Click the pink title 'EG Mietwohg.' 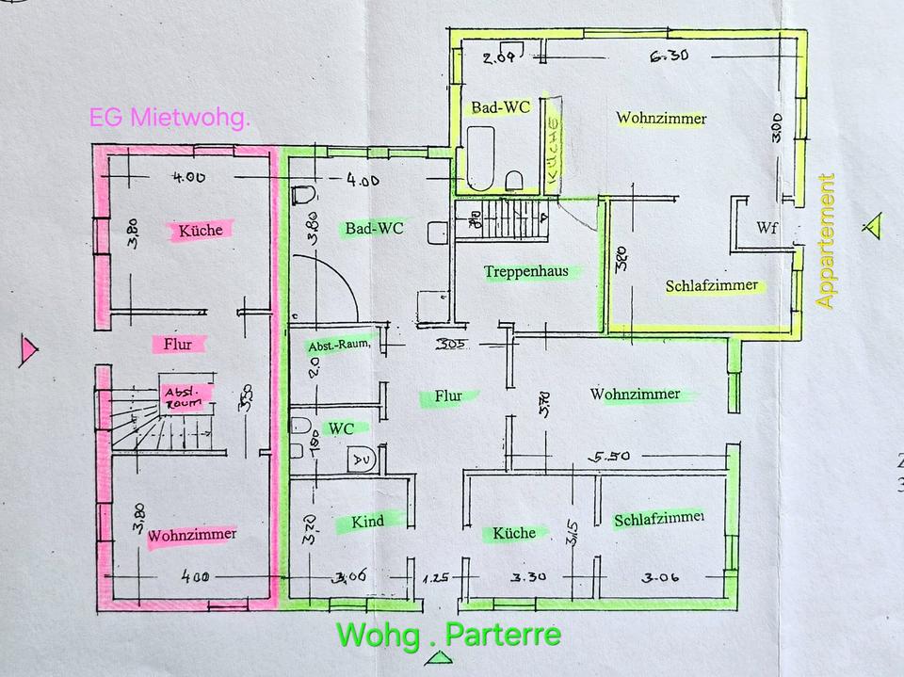click(x=169, y=118)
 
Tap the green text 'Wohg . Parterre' click(x=448, y=634)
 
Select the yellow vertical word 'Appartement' click(x=827, y=241)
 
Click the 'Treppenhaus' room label click(x=526, y=271)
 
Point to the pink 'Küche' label click(x=200, y=230)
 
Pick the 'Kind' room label click(x=367, y=521)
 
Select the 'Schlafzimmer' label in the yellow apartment click(x=711, y=286)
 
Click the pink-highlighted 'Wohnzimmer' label click(x=192, y=534)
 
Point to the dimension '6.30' click(x=669, y=56)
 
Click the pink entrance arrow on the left click(x=28, y=349)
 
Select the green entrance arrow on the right click(x=875, y=226)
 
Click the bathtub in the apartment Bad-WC click(x=480, y=157)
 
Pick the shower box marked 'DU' click(x=362, y=459)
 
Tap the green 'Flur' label click(x=448, y=396)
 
